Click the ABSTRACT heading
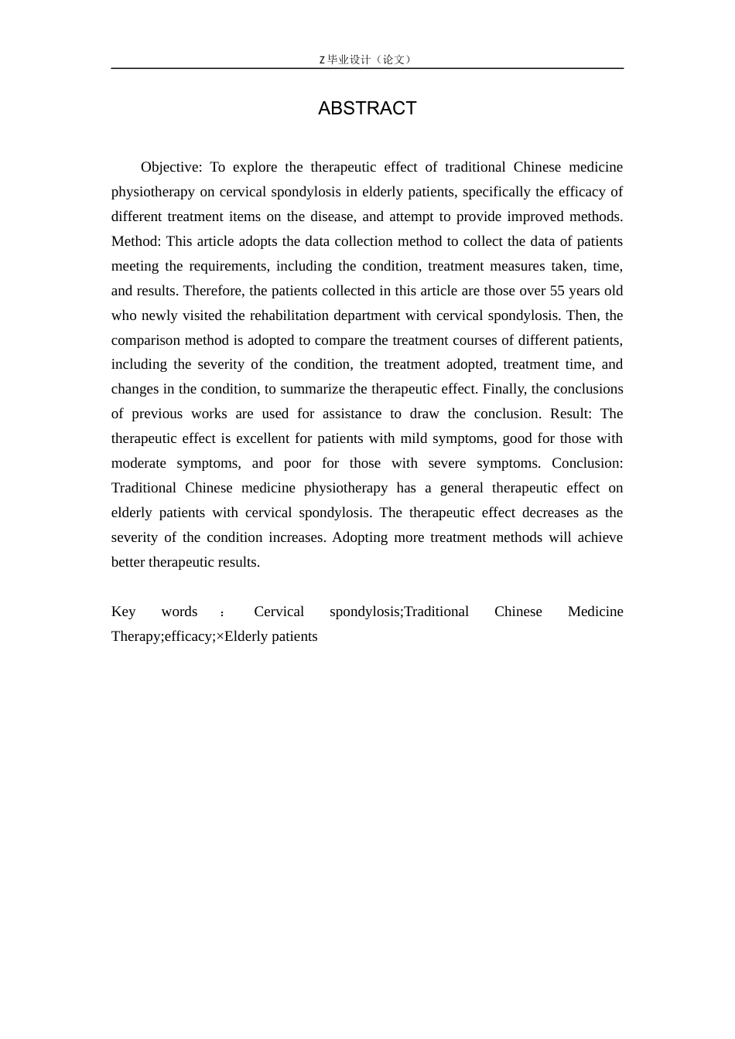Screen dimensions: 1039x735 [x=367, y=108]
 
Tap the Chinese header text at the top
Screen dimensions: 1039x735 [x=367, y=60]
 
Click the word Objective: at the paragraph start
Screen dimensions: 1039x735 [x=171, y=167]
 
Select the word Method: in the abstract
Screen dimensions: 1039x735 [x=136, y=241]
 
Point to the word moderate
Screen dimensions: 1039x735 [x=138, y=463]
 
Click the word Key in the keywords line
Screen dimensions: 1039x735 [x=123, y=611]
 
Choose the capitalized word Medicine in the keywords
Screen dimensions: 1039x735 [x=595, y=611]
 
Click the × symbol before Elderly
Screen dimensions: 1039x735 [x=220, y=636]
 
